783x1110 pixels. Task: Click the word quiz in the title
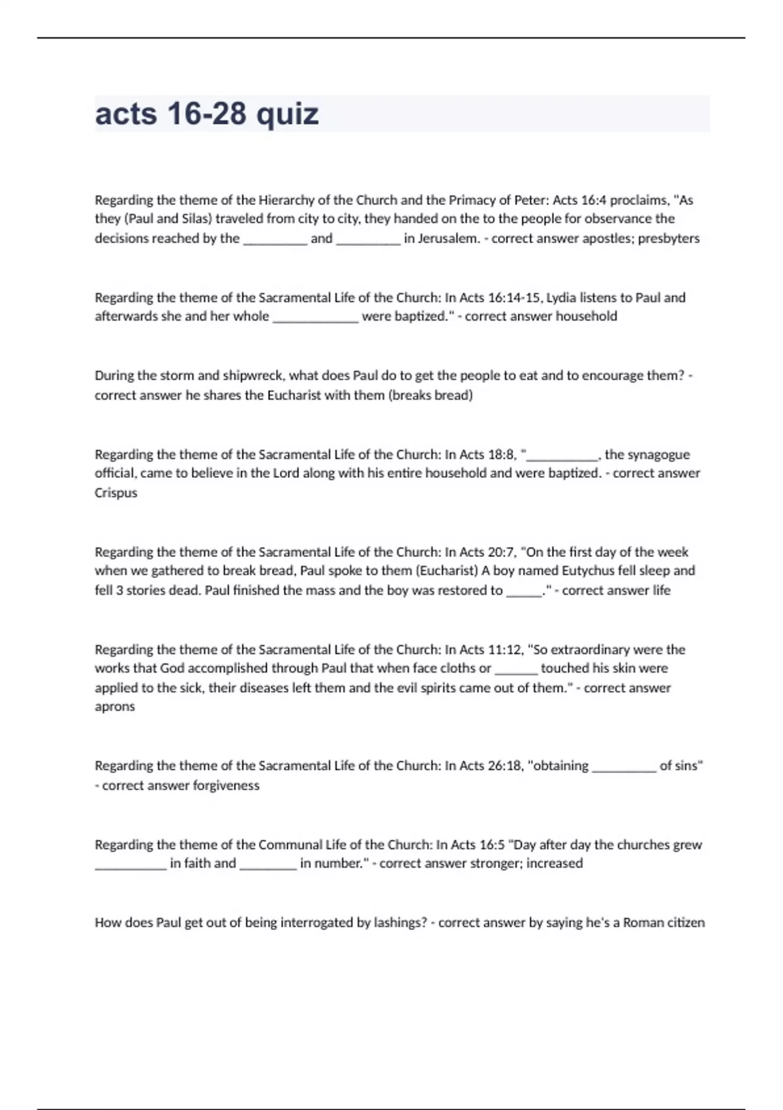click(x=287, y=114)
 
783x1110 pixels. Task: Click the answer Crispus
click(x=115, y=493)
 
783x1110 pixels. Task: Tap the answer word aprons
click(x=115, y=706)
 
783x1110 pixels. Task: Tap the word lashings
click(x=400, y=923)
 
